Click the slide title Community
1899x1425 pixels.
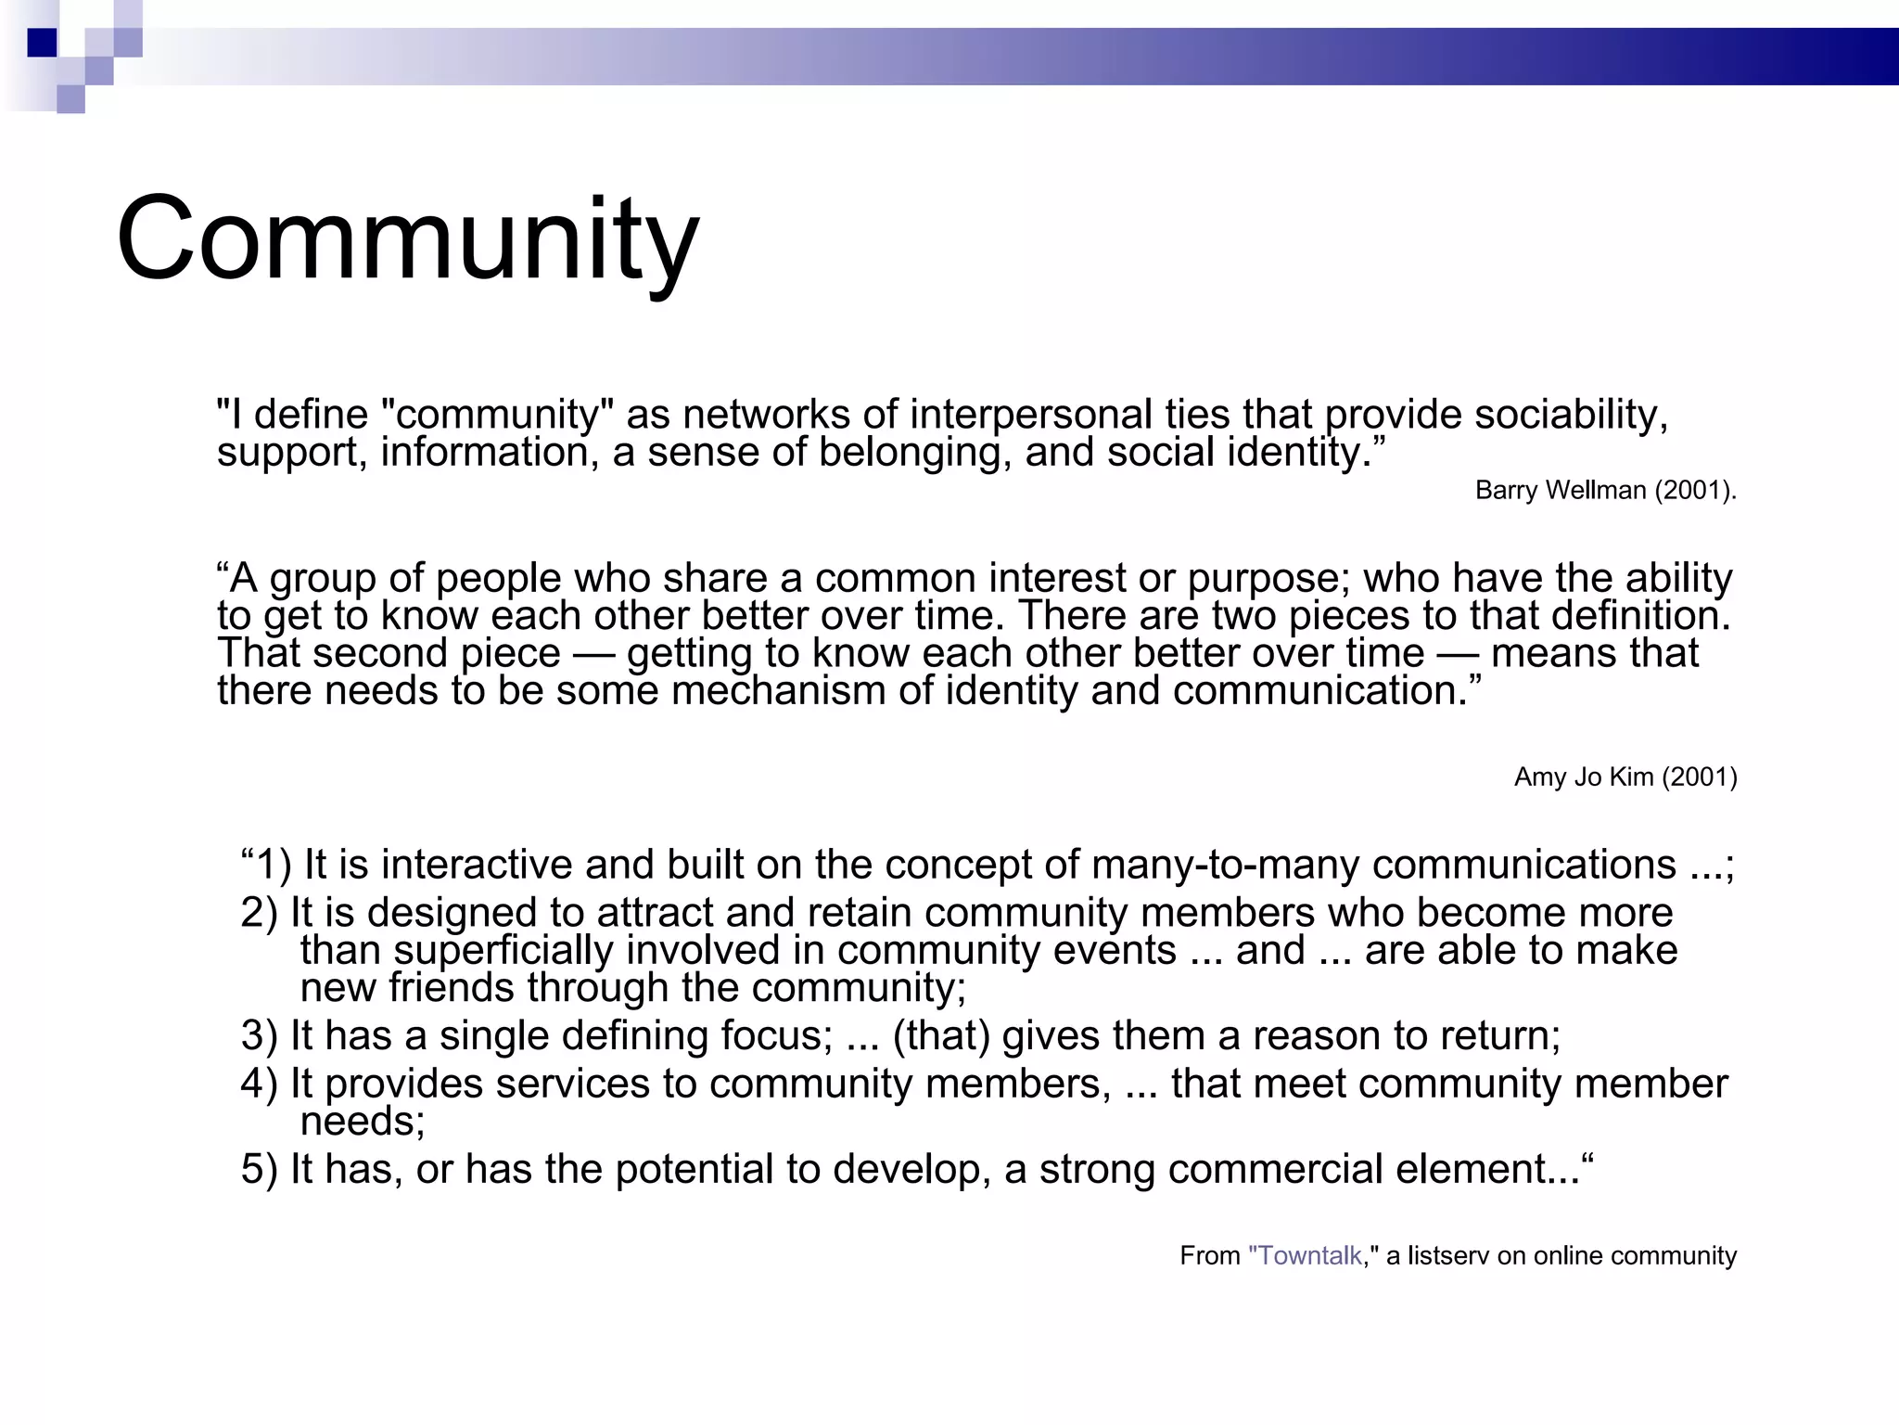[x=408, y=239]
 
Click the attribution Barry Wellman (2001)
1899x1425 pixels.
[x=1605, y=490]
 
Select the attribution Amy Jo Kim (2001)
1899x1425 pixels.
[x=1625, y=777]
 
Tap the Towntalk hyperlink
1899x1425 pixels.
[x=1306, y=1255]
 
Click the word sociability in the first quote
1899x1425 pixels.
[x=1571, y=415]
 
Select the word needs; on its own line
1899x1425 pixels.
[x=363, y=1122]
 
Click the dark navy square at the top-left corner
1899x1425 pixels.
[x=43, y=43]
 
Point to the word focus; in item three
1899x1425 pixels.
[x=777, y=1035]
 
